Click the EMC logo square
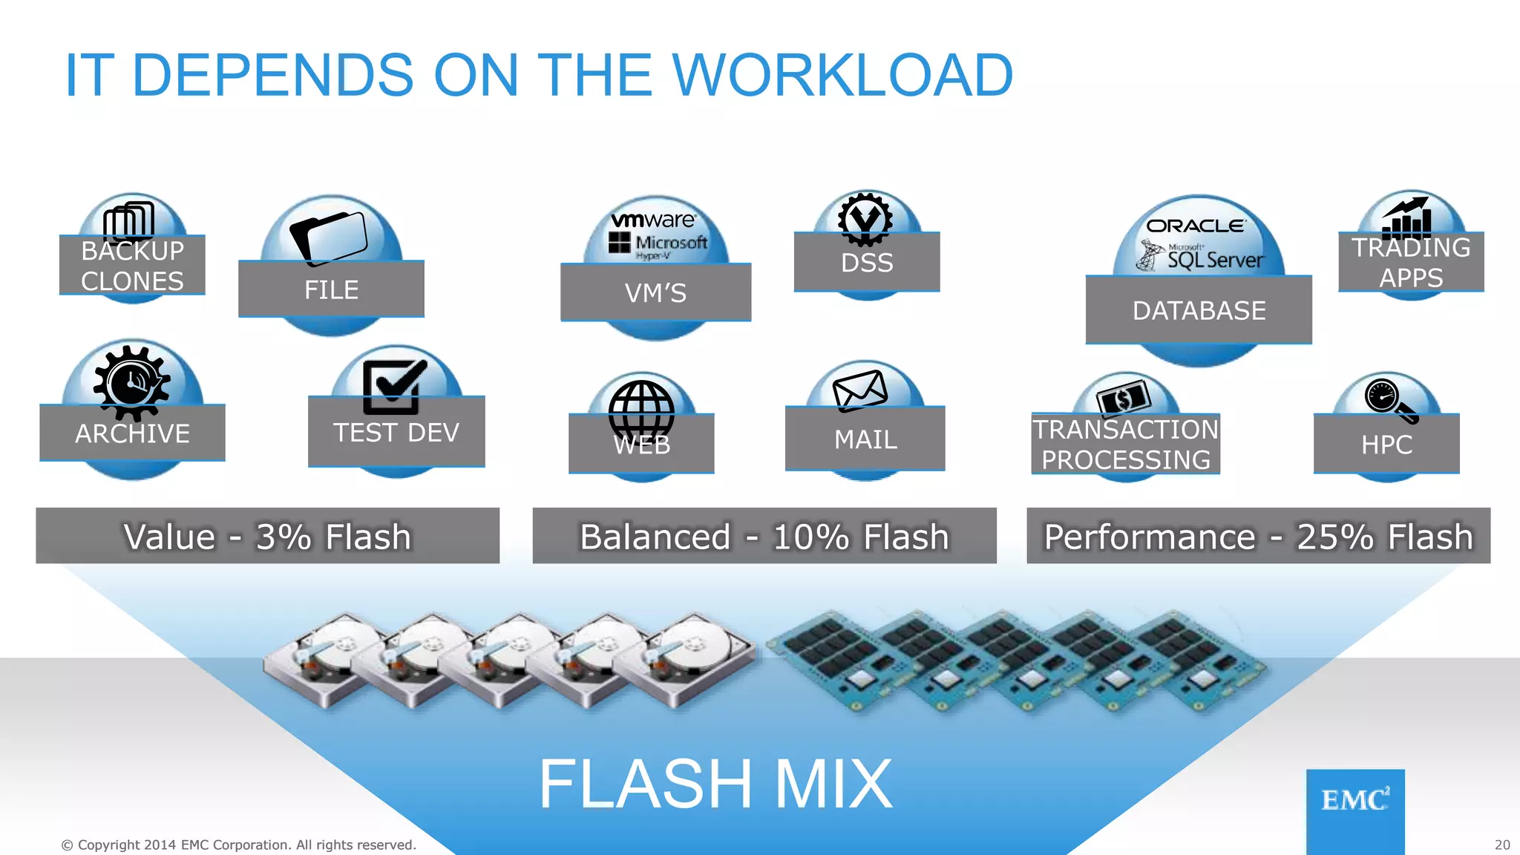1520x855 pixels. coord(1355,810)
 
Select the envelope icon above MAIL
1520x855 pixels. coord(860,390)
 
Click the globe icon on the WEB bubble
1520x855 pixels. coord(641,413)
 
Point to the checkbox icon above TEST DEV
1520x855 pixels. coord(393,386)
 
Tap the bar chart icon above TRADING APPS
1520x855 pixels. coord(1407,217)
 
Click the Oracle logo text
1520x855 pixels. coord(1196,226)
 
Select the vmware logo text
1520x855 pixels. coord(653,220)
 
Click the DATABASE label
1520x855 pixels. coord(1199,310)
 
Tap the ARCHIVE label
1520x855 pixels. coord(132,433)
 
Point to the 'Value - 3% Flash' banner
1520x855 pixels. coord(267,536)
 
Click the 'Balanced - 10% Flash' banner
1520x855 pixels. coord(764,536)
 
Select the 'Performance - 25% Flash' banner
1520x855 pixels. coord(1258,536)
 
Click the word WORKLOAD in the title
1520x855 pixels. coord(842,75)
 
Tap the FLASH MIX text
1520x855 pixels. coord(715,784)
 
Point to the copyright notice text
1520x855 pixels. coord(238,845)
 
